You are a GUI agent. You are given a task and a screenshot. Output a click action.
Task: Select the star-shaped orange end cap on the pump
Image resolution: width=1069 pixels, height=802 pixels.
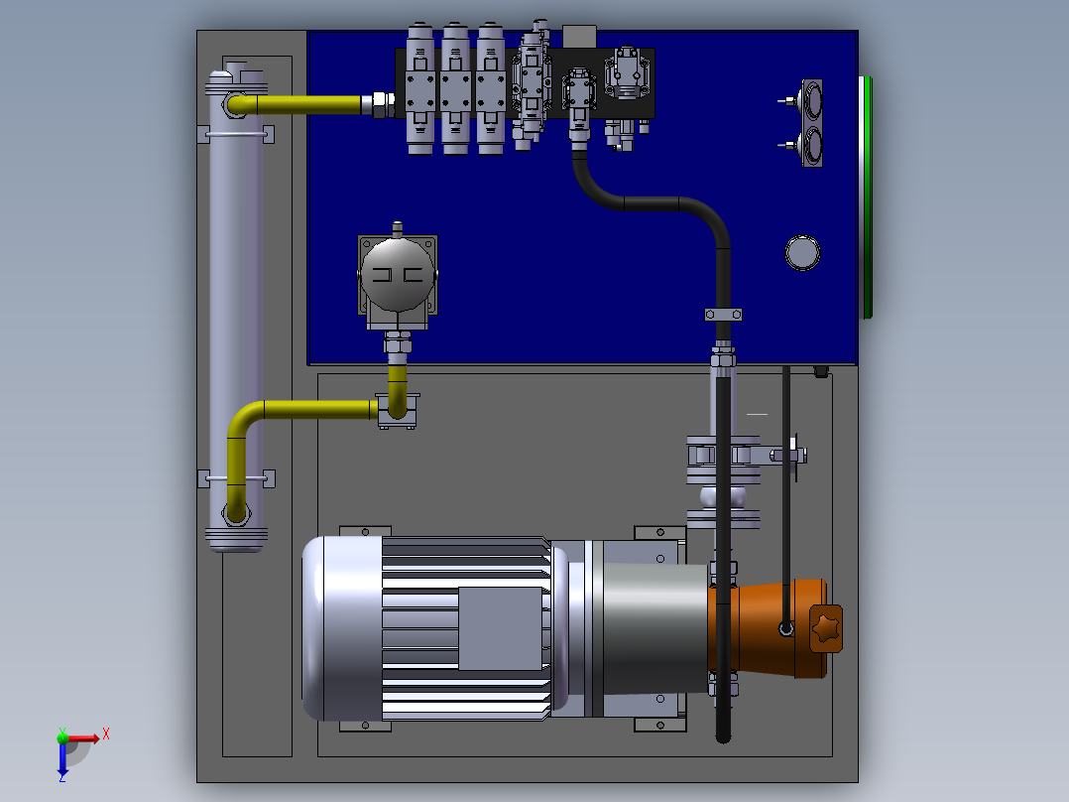click(826, 628)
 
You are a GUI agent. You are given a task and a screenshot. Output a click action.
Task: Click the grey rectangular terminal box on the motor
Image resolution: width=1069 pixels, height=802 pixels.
click(500, 628)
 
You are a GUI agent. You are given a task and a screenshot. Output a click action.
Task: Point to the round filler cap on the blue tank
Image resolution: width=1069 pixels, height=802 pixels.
click(802, 252)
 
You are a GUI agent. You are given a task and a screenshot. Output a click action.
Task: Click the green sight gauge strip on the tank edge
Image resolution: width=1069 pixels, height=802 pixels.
click(867, 198)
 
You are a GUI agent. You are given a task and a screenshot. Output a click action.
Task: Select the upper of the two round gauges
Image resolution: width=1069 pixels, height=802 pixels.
click(812, 101)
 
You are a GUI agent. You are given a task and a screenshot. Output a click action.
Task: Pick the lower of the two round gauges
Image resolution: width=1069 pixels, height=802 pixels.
click(812, 145)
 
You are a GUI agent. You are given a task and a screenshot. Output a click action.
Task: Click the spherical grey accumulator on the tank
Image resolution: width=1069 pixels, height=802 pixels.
click(398, 274)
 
